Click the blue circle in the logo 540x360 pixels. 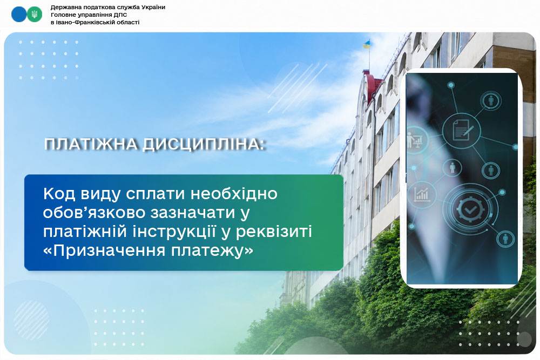pyautogui.click(x=18, y=15)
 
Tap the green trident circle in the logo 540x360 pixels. pyautogui.click(x=35, y=15)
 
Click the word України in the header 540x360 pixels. pyautogui.click(x=153, y=7)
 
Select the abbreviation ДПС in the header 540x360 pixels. pyautogui.click(x=120, y=15)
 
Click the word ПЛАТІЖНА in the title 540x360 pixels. pyautogui.click(x=91, y=144)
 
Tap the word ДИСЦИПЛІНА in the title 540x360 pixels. pyautogui.click(x=204, y=144)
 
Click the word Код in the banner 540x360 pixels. pyautogui.click(x=59, y=194)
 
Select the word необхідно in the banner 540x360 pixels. pyautogui.click(x=234, y=194)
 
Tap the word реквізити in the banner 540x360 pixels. pyautogui.click(x=274, y=232)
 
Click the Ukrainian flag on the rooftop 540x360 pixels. pyautogui.click(x=367, y=44)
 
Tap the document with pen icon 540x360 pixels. pyautogui.click(x=462, y=130)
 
